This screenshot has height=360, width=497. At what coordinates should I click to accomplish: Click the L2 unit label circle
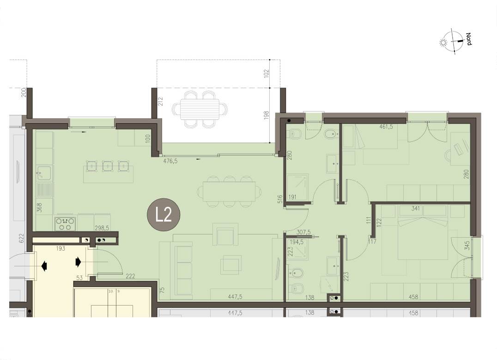(x=164, y=214)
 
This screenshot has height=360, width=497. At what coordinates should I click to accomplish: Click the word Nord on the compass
(x=469, y=39)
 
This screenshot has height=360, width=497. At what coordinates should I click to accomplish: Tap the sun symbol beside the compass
(x=443, y=42)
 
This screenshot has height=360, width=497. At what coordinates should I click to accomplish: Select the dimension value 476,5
(x=170, y=161)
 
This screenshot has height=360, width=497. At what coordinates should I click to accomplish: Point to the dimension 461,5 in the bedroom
(x=386, y=126)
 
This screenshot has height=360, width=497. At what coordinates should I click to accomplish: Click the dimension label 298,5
(x=102, y=228)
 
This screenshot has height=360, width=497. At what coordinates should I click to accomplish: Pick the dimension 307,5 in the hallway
(x=303, y=233)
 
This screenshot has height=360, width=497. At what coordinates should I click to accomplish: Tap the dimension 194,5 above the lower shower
(x=297, y=242)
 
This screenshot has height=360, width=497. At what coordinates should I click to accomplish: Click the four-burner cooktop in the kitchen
(x=65, y=224)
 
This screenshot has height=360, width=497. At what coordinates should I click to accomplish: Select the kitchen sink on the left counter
(x=44, y=173)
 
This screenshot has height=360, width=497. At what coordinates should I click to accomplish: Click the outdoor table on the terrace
(x=200, y=109)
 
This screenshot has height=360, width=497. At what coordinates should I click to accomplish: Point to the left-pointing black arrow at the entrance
(x=44, y=266)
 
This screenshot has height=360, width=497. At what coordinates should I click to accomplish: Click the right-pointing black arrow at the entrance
(x=78, y=262)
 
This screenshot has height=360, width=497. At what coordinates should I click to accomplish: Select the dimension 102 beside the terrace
(x=266, y=73)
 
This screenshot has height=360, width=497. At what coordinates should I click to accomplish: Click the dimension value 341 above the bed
(x=415, y=208)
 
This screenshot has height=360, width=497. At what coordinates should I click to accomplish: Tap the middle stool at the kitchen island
(x=108, y=166)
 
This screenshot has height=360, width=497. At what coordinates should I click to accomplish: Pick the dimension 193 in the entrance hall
(x=60, y=249)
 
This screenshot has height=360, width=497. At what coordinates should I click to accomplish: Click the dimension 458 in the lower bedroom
(x=413, y=297)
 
